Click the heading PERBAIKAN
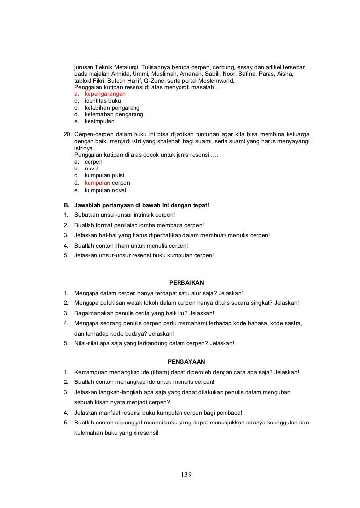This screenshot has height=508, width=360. [186, 283]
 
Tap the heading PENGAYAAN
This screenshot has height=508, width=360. [186, 361]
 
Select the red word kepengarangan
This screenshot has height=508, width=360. [105, 94]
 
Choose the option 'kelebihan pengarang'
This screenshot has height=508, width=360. [112, 108]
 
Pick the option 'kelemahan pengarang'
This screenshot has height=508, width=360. [114, 114]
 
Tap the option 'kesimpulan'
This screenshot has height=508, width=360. [99, 121]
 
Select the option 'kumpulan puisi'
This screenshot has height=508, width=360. [104, 175]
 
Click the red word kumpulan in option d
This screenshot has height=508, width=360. [97, 183]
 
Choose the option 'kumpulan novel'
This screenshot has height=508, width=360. [105, 190]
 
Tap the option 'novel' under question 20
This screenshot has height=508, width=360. [92, 169]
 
